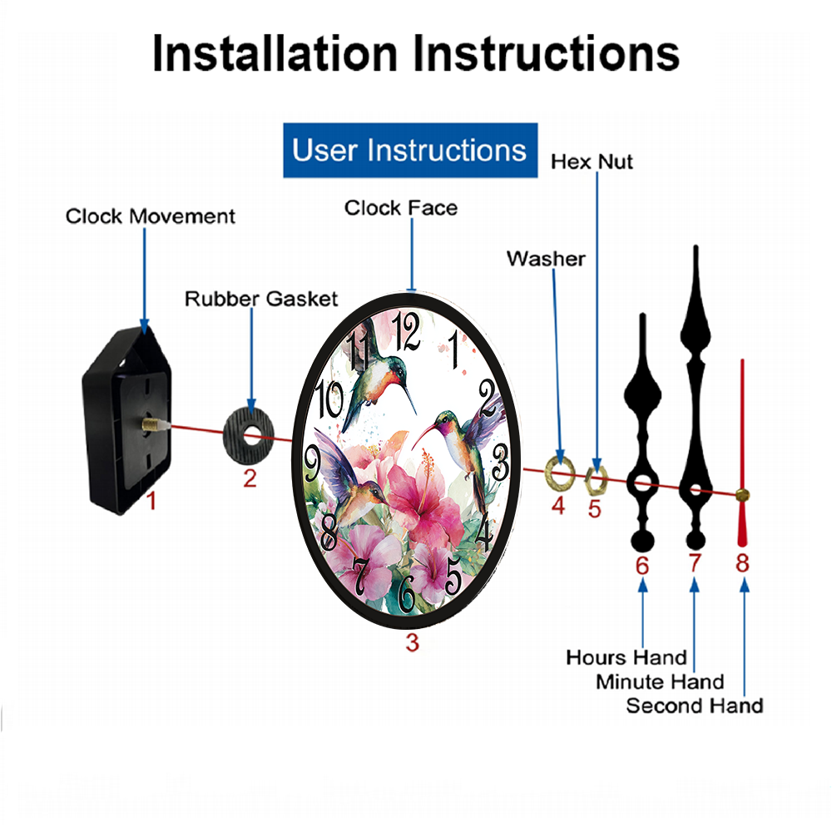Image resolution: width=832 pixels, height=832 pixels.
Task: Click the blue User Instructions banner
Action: pos(410,150)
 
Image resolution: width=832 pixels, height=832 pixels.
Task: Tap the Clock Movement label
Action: pos(150,216)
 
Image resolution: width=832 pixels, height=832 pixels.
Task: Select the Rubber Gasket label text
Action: pos(261,299)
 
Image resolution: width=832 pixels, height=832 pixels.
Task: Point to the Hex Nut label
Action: pos(592,162)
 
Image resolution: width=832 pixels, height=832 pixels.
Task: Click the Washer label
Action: pos(546,259)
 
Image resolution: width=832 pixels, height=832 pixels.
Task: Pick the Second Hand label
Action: pos(695,706)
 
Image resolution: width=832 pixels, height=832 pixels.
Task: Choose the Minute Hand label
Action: pos(660,682)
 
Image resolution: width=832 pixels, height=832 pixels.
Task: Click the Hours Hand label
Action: pos(626,657)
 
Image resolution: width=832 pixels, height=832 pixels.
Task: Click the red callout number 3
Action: pos(413,642)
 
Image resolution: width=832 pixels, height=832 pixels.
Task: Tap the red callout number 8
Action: pos(742,563)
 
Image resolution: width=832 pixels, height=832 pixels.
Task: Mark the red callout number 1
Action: pos(151,501)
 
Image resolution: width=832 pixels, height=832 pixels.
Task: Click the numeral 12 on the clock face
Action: pos(406,331)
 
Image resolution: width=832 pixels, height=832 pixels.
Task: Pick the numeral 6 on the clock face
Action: pos(406,593)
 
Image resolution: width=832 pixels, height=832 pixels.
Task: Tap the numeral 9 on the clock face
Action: pos(312,463)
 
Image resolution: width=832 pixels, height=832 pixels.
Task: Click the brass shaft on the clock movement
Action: pos(152,424)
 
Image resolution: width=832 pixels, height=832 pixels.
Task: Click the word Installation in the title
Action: pos(275,53)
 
